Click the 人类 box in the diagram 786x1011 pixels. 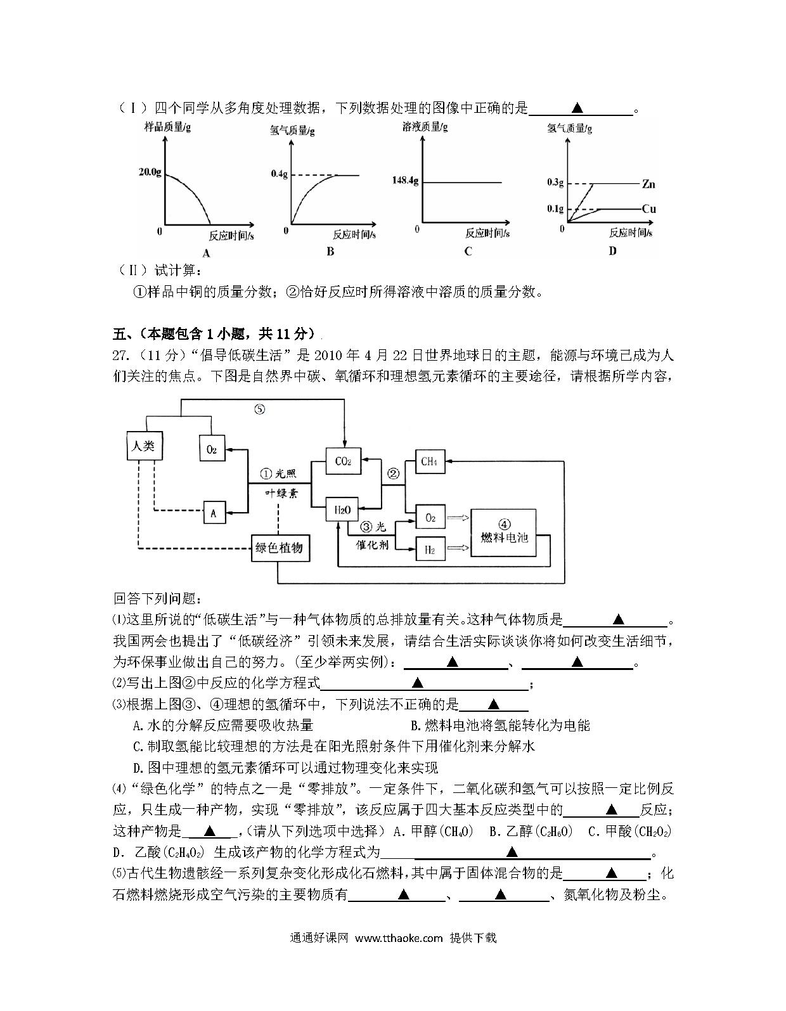tap(145, 446)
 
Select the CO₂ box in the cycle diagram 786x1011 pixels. tap(343, 461)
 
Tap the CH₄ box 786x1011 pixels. tap(430, 461)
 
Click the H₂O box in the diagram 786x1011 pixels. tap(343, 510)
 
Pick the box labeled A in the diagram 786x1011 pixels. tap(214, 513)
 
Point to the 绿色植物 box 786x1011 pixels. tap(280, 548)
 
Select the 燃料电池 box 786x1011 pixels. tap(503, 532)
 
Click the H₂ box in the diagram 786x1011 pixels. tap(430, 549)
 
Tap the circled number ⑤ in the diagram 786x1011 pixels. tap(259, 409)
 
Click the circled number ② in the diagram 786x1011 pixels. tap(394, 473)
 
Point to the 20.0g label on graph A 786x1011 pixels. tap(150, 172)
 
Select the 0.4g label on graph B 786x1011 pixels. tap(280, 174)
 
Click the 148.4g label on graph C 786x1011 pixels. tap(405, 180)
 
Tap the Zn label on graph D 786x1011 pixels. tap(648, 184)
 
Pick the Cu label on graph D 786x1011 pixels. tap(649, 209)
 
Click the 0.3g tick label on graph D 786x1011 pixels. tap(555, 182)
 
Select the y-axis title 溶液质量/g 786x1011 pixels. tap(425, 127)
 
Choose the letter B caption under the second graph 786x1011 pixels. tap(330, 252)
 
